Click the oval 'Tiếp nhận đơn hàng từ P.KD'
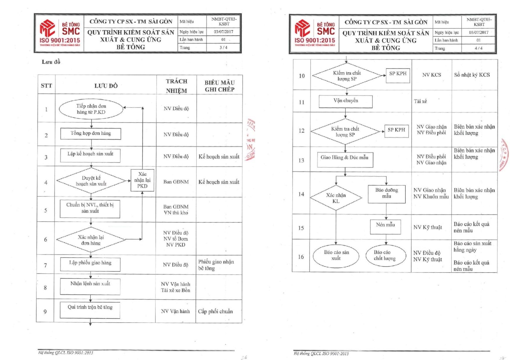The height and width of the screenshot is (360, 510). tap(91, 109)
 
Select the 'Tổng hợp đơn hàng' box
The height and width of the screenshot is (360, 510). tap(91, 134)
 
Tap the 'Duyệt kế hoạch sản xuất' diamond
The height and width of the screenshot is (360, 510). tap(91, 181)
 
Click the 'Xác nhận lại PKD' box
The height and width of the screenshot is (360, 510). tap(142, 180)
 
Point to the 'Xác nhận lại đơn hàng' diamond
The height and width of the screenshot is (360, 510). tap(91, 240)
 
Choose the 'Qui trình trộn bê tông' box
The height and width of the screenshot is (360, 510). tap(90, 310)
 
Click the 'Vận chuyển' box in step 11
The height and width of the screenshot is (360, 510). tap(346, 101)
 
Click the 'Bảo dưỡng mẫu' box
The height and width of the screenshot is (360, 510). tap(386, 194)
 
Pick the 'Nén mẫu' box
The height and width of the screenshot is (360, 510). tap(385, 226)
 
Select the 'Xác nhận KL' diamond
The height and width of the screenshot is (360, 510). tap(336, 198)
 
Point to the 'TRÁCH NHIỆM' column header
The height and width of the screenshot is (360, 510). tap(176, 86)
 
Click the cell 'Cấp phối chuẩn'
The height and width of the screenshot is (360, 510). tap(215, 311)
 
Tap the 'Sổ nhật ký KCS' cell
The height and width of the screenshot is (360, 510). tap(472, 75)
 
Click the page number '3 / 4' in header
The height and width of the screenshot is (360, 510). tap(223, 47)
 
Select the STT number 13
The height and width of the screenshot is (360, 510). tap(301, 160)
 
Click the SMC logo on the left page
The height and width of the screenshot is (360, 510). tap(60, 33)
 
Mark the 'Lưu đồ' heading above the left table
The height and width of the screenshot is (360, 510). tap(51, 62)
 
